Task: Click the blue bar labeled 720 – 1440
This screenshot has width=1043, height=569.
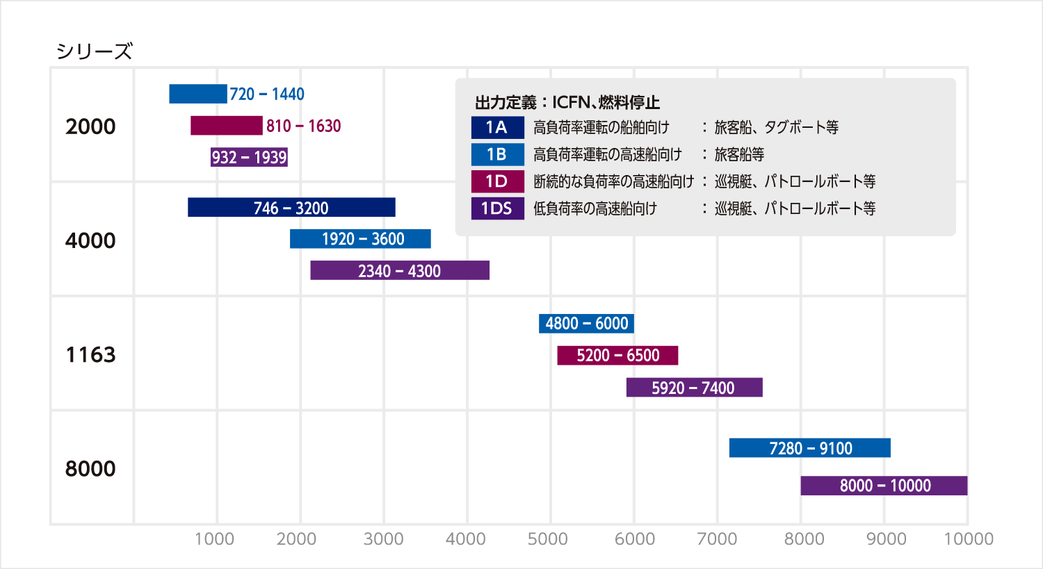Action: [x=198, y=94]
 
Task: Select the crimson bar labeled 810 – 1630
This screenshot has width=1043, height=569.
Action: [x=227, y=126]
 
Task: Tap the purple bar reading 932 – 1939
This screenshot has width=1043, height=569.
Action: [x=249, y=157]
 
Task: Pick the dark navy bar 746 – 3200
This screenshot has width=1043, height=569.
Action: [x=291, y=208]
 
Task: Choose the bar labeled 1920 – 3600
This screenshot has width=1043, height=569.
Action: [x=360, y=239]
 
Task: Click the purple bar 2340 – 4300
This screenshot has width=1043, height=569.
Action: [x=400, y=270]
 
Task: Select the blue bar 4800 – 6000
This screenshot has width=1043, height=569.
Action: [x=586, y=324]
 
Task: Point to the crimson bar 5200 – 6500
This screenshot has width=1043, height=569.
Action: [x=617, y=356]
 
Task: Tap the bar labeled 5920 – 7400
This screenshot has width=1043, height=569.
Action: [x=694, y=388]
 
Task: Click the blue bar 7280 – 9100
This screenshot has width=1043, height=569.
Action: [x=810, y=448]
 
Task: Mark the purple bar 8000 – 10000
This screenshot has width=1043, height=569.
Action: [x=884, y=486]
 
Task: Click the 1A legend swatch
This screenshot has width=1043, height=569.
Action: [x=497, y=127]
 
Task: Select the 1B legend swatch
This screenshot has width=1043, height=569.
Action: [x=497, y=154]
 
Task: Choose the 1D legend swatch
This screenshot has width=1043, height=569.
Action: [x=497, y=181]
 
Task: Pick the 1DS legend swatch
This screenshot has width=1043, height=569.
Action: [x=497, y=208]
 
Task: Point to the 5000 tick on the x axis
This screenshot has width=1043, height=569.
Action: [x=548, y=539]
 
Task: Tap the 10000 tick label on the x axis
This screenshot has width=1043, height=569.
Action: [x=968, y=539]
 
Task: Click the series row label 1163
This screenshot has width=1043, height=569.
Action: [x=90, y=355]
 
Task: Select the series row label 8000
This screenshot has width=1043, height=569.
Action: [x=90, y=469]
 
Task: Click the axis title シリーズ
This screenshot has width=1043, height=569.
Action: [x=94, y=51]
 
